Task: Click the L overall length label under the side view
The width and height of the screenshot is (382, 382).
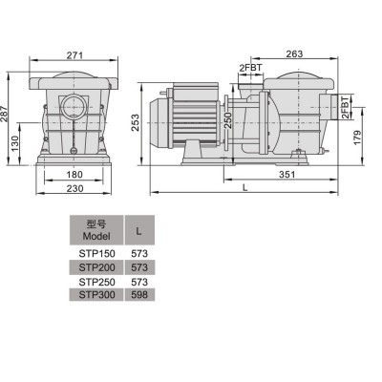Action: click(x=246, y=188)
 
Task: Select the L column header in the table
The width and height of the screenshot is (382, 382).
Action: click(x=139, y=229)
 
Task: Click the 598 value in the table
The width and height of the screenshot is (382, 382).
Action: click(x=139, y=296)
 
